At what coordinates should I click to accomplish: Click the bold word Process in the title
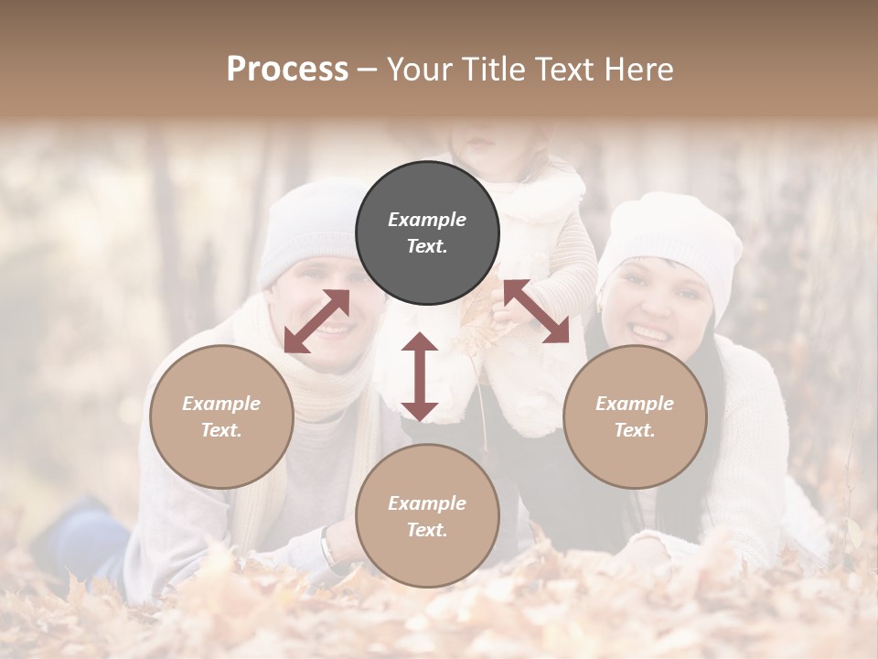(x=287, y=70)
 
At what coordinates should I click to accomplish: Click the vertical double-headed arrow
(x=420, y=376)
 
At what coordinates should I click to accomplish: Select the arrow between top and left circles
(x=316, y=321)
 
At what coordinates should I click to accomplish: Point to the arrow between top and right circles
(x=536, y=311)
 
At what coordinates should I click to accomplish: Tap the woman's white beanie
(x=672, y=238)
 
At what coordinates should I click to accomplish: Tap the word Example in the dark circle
(x=427, y=220)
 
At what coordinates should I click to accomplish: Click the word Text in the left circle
(x=221, y=430)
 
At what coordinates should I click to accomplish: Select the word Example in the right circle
(x=635, y=404)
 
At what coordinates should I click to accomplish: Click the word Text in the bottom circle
(x=427, y=530)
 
